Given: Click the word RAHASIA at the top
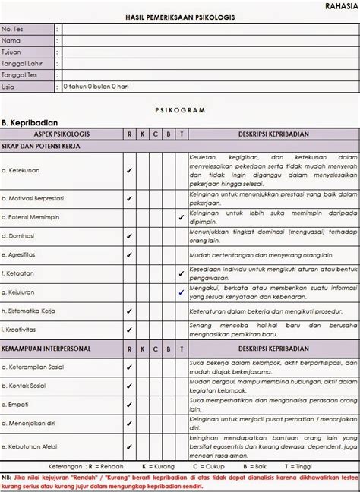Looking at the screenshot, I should point(341,5).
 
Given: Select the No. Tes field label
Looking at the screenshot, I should point(12,29).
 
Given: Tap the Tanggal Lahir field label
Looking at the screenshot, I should point(21,63).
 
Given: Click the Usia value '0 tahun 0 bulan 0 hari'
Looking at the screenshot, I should point(96,87).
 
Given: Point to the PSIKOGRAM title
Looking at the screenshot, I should point(179,110).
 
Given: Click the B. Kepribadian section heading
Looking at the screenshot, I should point(30,121).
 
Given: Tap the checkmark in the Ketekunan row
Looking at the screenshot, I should point(129,171).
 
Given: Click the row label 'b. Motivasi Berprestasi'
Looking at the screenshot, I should point(36,199).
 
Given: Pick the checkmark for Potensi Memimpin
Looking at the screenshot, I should point(181,217).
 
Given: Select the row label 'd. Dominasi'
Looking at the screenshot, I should point(20,236).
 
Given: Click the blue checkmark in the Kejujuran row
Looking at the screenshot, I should point(181,292).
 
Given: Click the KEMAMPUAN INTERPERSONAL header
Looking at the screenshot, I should point(47,348).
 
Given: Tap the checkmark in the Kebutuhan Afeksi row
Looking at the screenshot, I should point(129,446).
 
